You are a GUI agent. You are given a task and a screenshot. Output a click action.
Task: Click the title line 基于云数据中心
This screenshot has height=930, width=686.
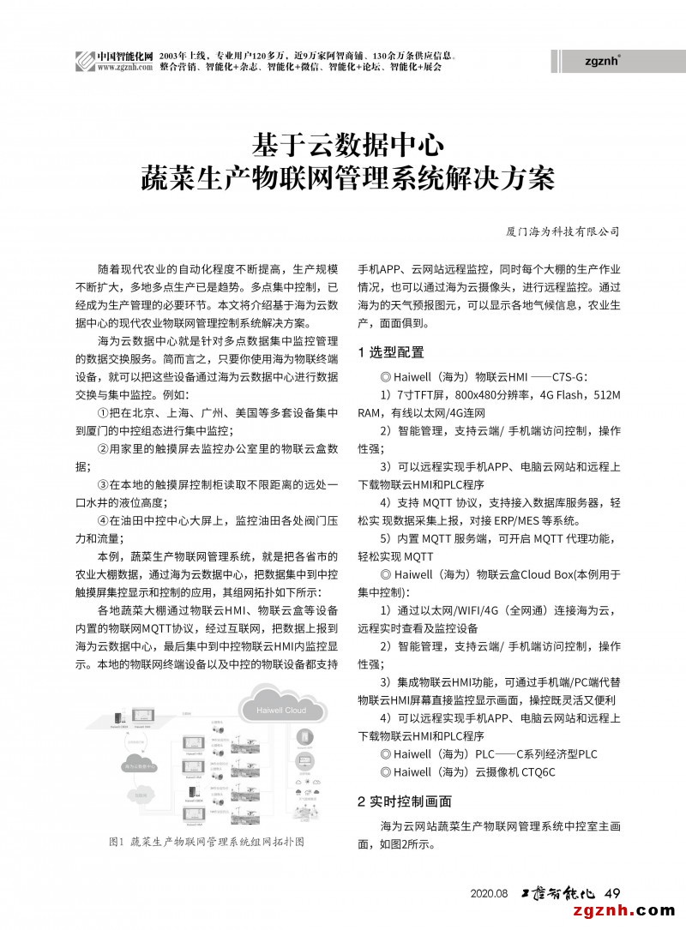[x=346, y=142]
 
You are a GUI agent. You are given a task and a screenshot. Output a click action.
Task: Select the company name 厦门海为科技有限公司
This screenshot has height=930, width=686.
[x=563, y=231]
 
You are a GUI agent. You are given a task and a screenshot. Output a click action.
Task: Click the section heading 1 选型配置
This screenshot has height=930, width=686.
[x=390, y=352]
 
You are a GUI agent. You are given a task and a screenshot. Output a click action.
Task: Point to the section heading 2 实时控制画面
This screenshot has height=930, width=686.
[x=404, y=801]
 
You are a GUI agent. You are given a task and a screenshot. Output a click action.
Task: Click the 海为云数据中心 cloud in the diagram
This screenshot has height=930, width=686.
[x=139, y=767]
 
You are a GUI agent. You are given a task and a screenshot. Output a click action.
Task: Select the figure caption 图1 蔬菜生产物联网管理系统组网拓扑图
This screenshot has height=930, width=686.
[x=207, y=841]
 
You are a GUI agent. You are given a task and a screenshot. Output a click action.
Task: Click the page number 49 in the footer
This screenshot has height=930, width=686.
[x=612, y=892]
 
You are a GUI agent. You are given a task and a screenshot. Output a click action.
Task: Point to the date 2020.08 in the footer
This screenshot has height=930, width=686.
[x=490, y=893]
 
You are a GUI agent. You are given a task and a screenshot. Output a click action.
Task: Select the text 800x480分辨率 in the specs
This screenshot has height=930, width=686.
[x=481, y=394]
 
